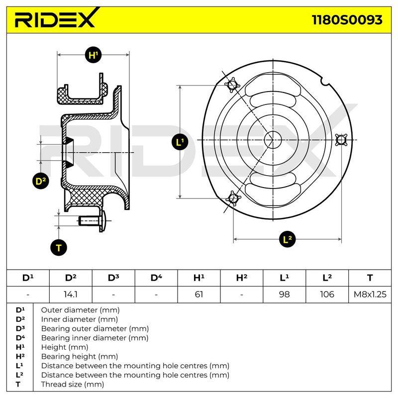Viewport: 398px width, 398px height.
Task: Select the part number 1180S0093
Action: point(347,20)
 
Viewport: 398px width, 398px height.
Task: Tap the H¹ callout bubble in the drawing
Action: point(94,55)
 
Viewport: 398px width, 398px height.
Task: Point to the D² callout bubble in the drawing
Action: point(41,181)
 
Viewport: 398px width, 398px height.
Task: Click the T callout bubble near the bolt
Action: point(59,247)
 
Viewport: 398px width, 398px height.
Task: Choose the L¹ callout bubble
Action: point(180,142)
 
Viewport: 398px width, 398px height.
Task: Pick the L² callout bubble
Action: point(288,239)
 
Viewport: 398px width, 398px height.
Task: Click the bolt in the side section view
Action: point(94,221)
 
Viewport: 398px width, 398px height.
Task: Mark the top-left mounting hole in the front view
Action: point(232,85)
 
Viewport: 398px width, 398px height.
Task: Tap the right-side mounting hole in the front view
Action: point(341,140)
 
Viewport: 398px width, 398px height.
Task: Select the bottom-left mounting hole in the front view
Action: point(233,198)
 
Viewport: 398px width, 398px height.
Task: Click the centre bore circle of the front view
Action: point(273,140)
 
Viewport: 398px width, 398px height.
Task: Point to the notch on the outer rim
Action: point(325,81)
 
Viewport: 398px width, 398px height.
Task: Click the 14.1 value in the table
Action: point(71,295)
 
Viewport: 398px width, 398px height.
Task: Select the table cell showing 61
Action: point(199,295)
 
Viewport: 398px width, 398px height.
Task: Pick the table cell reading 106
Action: point(327,295)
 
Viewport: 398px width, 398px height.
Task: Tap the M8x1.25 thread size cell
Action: point(370,295)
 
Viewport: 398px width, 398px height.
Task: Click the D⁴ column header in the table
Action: point(156,278)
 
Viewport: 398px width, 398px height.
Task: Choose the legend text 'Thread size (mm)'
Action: point(73,385)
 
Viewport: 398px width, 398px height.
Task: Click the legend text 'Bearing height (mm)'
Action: point(80,357)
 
